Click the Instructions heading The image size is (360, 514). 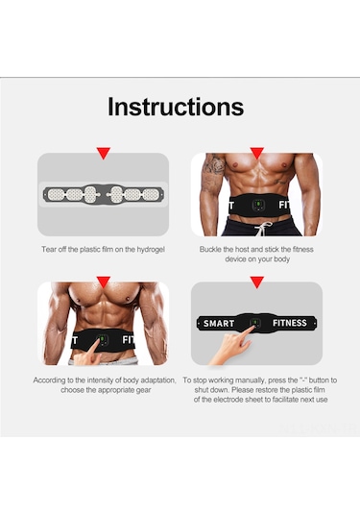click(x=176, y=107)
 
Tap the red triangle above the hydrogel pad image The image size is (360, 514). click(x=104, y=153)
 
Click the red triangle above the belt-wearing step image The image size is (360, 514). click(x=257, y=153)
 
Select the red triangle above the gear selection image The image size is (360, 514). click(x=104, y=281)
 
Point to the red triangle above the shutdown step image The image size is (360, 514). click(x=257, y=281)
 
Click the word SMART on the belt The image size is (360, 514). click(x=219, y=324)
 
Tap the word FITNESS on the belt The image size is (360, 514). click(x=290, y=323)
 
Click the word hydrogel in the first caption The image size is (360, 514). click(x=151, y=250)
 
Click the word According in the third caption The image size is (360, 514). click(x=49, y=380)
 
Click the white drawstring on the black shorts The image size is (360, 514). click(x=263, y=228)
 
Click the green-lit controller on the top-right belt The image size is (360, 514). click(x=258, y=206)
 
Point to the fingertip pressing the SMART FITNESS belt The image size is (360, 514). click(x=253, y=328)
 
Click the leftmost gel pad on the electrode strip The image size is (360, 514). click(x=56, y=195)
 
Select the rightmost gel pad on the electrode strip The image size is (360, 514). click(x=151, y=195)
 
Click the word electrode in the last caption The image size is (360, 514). click(x=240, y=400)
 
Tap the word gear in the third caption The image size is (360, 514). click(x=144, y=390)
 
